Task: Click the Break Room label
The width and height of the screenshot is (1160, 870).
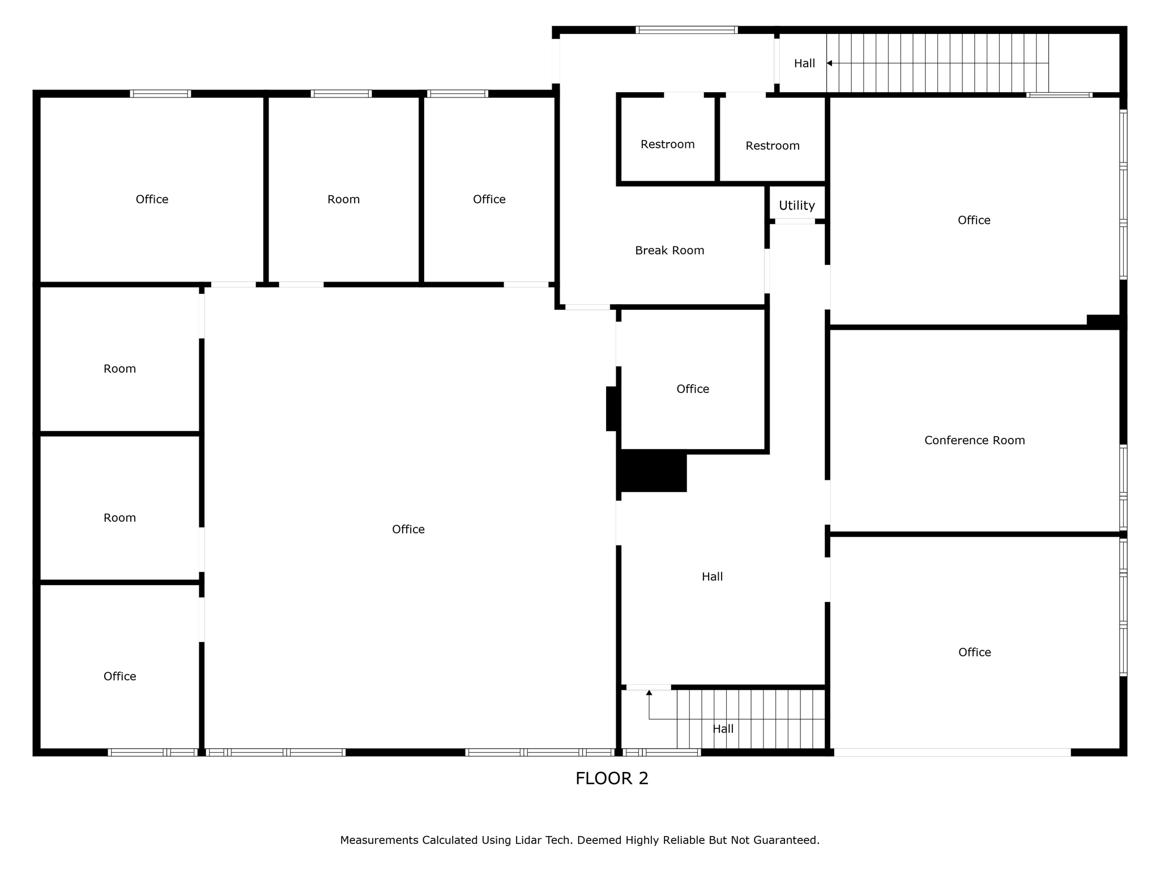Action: tap(669, 250)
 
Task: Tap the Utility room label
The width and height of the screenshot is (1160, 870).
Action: tap(796, 206)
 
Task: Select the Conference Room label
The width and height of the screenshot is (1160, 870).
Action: tap(974, 440)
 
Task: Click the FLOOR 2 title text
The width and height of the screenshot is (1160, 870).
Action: tap(612, 778)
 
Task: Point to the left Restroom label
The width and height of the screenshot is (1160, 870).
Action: tap(667, 144)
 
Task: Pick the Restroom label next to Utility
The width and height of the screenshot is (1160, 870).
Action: tap(772, 146)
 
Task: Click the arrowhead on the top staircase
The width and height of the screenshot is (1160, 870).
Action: tap(829, 63)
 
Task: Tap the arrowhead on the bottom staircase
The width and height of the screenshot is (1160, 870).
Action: tap(649, 693)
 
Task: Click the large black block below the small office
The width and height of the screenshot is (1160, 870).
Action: tap(653, 471)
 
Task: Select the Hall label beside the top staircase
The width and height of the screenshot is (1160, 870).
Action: tap(804, 63)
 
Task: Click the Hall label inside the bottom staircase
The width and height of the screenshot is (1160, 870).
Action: tap(723, 729)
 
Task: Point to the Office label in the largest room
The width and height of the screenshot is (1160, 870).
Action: tap(408, 529)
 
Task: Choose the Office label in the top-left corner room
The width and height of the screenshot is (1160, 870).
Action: tap(152, 199)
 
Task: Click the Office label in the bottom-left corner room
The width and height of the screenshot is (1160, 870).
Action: tap(120, 676)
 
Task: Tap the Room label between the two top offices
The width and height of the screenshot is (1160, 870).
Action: tap(343, 199)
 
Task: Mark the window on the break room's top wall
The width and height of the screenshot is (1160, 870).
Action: tap(686, 30)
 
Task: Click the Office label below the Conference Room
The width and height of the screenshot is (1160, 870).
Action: tap(974, 652)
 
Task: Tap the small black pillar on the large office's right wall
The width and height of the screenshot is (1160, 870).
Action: tap(611, 408)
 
